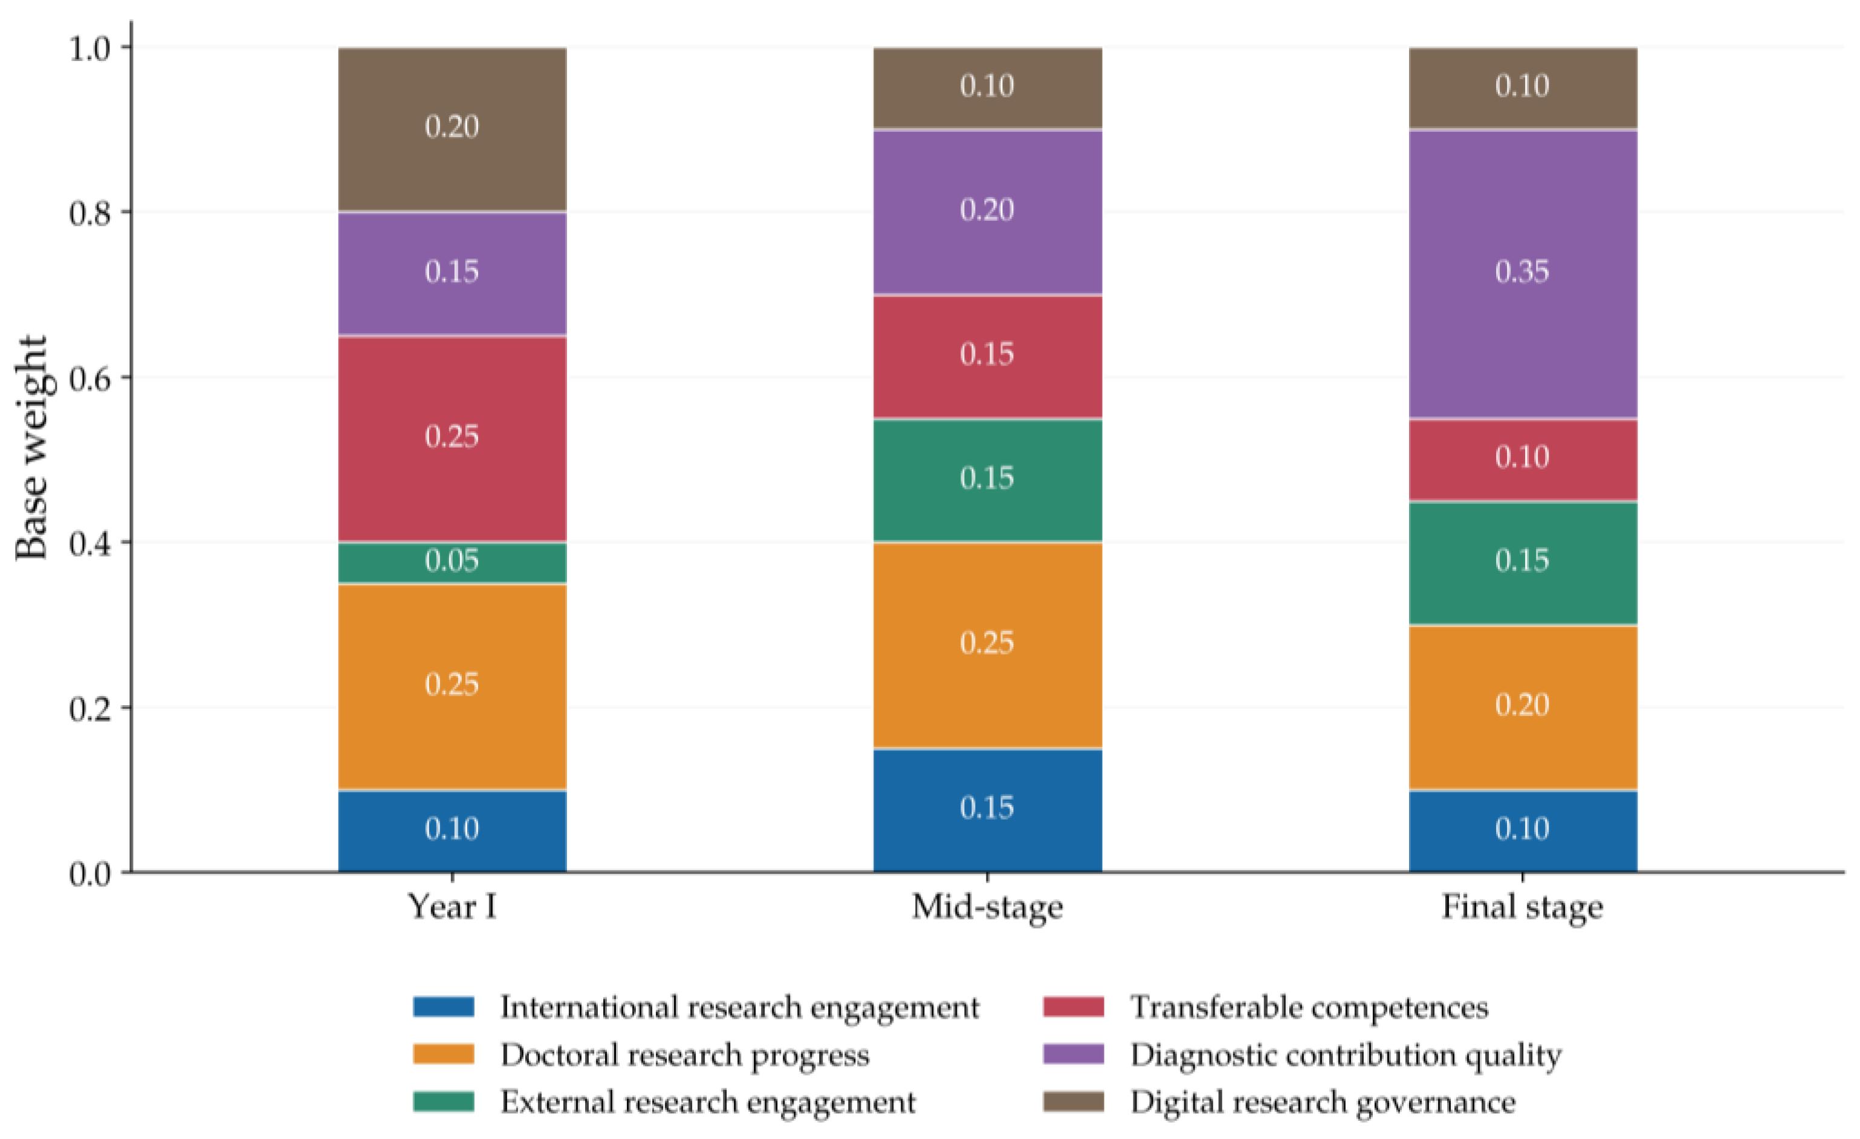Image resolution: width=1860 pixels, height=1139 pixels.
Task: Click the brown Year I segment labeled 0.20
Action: point(452,129)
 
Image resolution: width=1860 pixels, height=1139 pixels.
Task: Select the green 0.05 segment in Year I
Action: point(452,563)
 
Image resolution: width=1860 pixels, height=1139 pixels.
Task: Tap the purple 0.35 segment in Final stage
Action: point(1523,274)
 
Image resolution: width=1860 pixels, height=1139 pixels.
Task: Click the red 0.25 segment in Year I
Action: point(452,439)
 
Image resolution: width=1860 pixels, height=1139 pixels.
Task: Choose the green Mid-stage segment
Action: point(987,480)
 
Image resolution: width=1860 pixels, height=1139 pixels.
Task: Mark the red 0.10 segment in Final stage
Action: point(1523,460)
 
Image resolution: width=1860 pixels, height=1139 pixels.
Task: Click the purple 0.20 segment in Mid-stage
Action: point(987,212)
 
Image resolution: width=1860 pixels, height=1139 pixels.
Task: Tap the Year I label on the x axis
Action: point(452,906)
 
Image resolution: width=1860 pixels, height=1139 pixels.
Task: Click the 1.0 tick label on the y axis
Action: point(90,48)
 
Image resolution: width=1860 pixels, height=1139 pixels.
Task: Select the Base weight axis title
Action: point(31,448)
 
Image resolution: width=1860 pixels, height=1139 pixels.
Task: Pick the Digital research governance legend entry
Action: point(1280,1102)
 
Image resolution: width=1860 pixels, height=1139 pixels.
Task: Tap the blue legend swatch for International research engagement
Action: point(444,1007)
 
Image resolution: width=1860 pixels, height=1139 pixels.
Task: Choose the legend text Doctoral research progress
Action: point(685,1055)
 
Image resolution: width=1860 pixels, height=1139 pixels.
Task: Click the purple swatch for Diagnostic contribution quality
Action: point(1074,1054)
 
